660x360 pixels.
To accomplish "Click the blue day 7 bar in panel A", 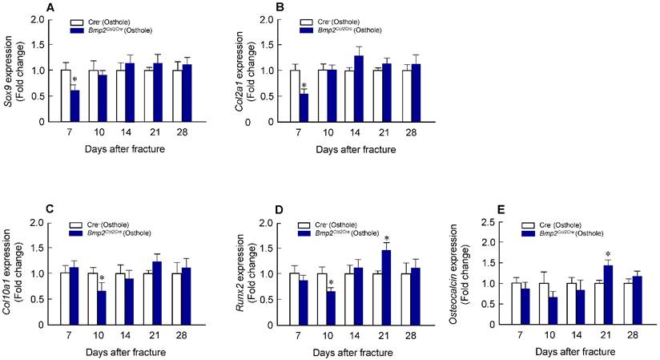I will pos(74,106).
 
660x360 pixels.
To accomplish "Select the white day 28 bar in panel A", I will pos(177,95).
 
